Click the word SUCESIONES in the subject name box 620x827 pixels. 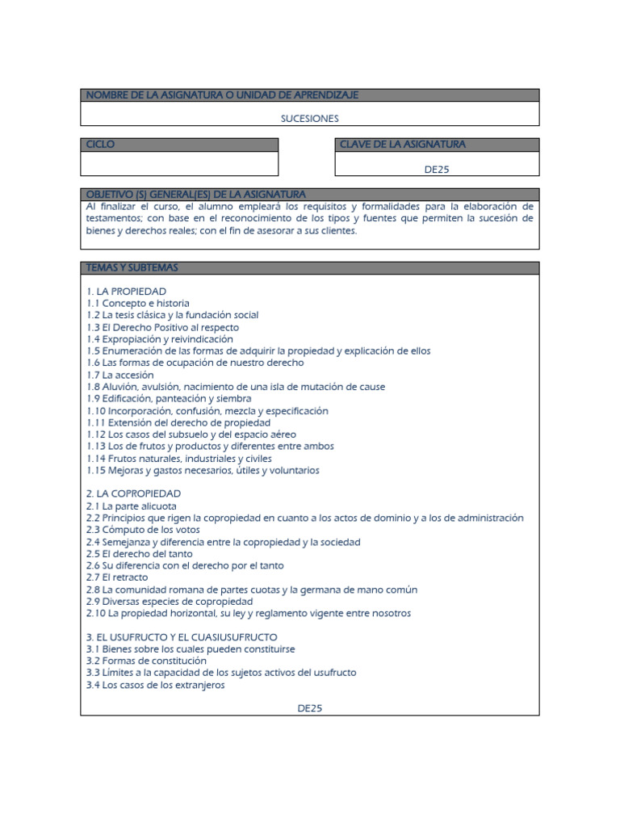(x=309, y=118)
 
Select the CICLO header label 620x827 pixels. (x=101, y=145)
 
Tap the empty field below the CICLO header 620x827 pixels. (x=179, y=163)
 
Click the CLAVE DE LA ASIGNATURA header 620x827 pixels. (x=402, y=145)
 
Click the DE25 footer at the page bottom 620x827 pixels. (x=309, y=707)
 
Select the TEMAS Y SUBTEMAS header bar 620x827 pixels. (x=132, y=267)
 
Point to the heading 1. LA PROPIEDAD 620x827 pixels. (x=126, y=291)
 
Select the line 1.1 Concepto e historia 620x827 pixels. (x=137, y=303)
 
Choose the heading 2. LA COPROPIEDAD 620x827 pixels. (x=133, y=493)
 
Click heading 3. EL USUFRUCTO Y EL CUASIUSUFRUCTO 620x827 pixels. (x=181, y=637)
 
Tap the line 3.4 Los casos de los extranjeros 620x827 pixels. (x=155, y=685)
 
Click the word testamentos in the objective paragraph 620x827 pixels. (x=114, y=218)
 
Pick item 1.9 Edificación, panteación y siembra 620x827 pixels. (x=169, y=398)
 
